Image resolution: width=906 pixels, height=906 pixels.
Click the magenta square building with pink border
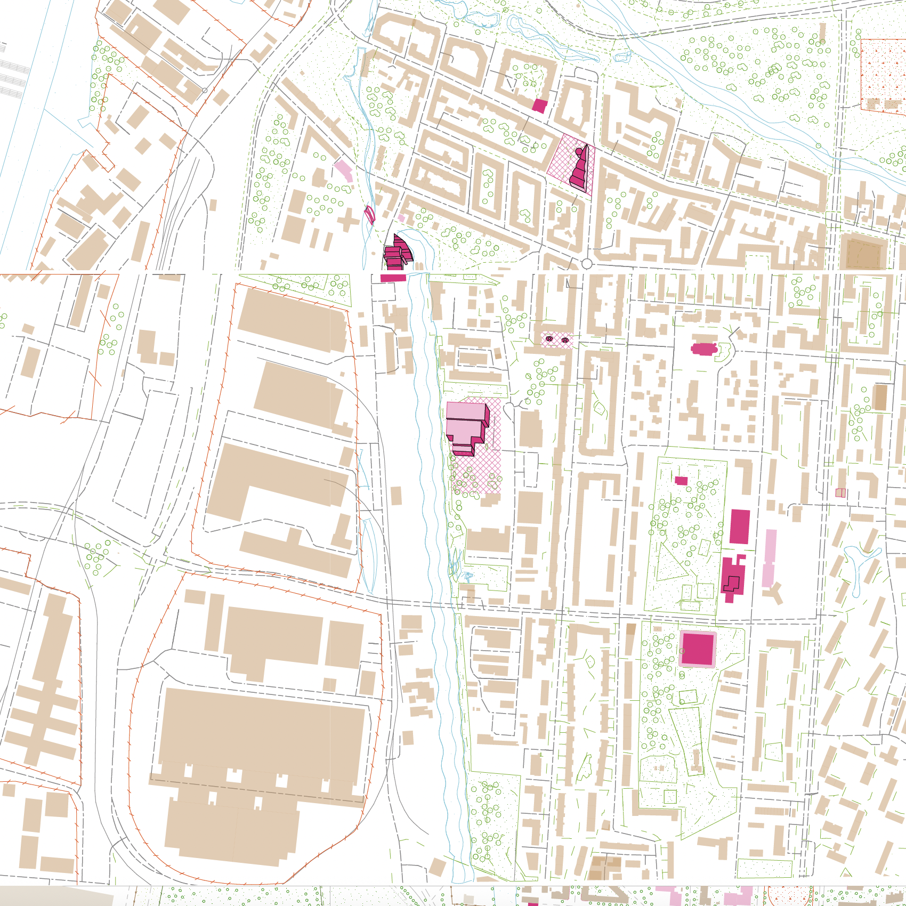[698, 649]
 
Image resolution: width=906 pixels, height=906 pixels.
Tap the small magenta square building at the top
[539, 106]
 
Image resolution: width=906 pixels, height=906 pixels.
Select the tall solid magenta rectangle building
[740, 527]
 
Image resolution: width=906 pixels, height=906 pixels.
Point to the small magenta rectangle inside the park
[681, 481]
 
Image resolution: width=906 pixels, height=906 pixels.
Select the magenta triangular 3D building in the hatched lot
[580, 169]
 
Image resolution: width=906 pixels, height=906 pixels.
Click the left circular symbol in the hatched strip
[549, 339]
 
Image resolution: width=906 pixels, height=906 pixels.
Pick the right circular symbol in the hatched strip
[565, 339]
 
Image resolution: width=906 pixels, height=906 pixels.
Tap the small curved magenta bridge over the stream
[369, 214]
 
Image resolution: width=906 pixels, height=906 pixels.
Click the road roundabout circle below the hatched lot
[587, 264]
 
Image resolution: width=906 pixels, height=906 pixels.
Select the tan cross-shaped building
[347, 220]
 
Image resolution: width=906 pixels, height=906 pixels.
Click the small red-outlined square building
[840, 493]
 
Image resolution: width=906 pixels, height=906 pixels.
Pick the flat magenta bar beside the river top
[393, 278]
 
